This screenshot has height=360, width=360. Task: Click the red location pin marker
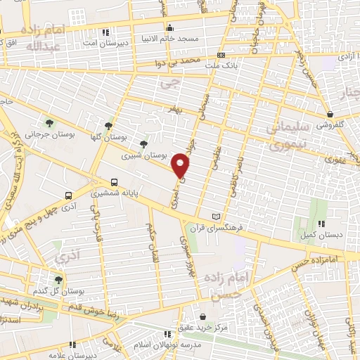(x=181, y=165)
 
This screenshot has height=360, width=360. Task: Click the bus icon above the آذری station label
(x=68, y=196)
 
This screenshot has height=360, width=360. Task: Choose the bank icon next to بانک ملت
(x=222, y=56)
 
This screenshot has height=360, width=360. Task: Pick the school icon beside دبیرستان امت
(x=105, y=32)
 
